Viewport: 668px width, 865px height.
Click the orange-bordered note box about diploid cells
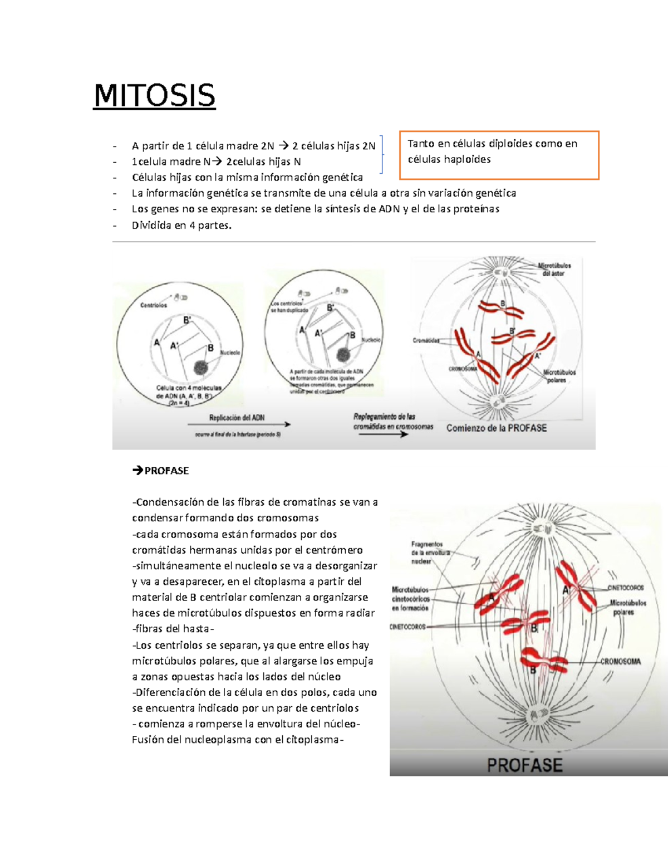(x=499, y=155)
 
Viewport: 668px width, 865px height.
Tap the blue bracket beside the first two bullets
(x=381, y=154)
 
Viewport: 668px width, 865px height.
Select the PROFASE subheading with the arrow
(x=161, y=471)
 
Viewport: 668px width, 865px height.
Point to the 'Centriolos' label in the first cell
(x=153, y=305)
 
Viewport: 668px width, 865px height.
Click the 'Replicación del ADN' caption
(x=237, y=418)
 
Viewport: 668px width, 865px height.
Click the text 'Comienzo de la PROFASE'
(x=497, y=428)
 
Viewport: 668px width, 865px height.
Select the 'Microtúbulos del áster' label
(x=553, y=270)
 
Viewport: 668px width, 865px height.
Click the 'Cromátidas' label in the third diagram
(x=426, y=340)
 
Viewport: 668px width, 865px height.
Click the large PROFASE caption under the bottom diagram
(x=524, y=765)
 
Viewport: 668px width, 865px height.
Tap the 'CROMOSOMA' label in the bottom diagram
(x=620, y=662)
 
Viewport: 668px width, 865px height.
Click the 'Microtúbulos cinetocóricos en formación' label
(x=410, y=599)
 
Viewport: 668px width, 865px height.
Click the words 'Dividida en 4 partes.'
(x=181, y=226)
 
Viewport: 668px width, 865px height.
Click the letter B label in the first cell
(x=210, y=348)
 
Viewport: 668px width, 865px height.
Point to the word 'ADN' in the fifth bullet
(x=389, y=209)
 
